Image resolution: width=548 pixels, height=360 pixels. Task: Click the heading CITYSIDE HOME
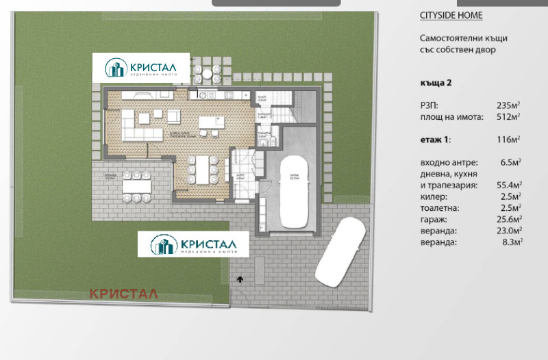450,15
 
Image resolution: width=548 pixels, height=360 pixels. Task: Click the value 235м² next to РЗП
508,105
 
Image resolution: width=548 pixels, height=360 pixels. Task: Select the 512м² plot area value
508,116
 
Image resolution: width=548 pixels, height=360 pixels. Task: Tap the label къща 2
436,83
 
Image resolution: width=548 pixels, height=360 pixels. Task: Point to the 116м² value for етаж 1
508,139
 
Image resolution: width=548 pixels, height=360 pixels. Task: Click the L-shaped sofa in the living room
140,123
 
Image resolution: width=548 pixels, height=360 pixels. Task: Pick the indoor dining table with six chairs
203,169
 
